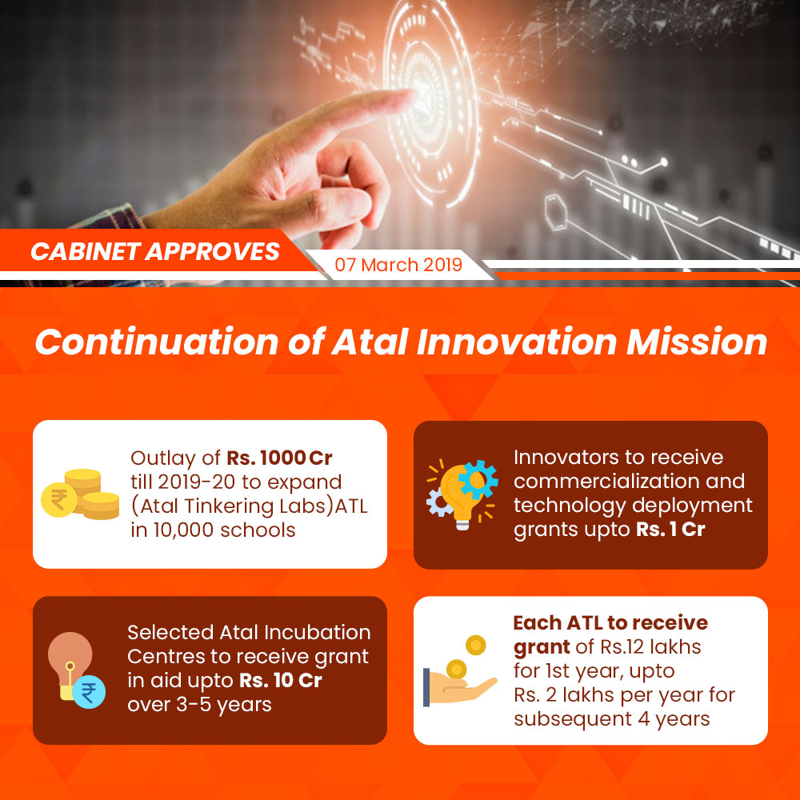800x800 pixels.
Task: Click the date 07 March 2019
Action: tap(398, 265)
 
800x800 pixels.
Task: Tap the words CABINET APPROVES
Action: tap(155, 251)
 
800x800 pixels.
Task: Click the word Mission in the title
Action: tap(697, 342)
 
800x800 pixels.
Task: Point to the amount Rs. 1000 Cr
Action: tap(279, 458)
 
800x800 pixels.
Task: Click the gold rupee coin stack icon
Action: tap(80, 494)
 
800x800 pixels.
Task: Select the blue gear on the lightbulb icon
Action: tap(478, 479)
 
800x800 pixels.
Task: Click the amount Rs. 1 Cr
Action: tap(670, 529)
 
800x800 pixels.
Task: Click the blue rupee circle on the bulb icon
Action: tap(89, 692)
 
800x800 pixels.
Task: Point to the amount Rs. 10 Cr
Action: tap(281, 681)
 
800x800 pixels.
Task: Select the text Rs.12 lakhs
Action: tap(650, 647)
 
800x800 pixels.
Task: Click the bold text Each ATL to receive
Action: tap(610, 623)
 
